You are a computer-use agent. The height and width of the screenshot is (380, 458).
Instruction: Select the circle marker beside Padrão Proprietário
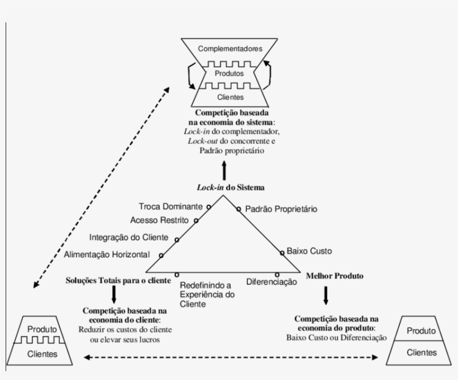[238, 210]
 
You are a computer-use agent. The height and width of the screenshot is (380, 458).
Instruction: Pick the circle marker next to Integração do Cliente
[176, 240]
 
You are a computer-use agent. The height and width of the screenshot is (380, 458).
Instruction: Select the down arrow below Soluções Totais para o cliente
[114, 294]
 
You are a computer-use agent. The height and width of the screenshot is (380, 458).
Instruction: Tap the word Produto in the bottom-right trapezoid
[421, 331]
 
